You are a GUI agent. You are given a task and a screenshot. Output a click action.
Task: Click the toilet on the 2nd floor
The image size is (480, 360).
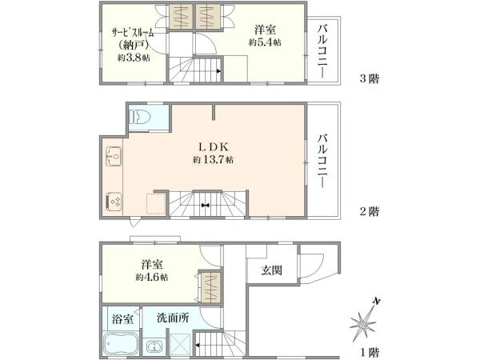[140, 117]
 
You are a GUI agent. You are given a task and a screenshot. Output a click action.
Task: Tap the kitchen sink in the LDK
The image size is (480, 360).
[114, 157]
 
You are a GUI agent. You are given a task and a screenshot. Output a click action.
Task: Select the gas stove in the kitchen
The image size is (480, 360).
[114, 201]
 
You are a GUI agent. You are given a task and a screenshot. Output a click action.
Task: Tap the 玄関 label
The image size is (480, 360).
[271, 270]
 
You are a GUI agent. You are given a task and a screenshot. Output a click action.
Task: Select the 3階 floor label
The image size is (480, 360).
[369, 79]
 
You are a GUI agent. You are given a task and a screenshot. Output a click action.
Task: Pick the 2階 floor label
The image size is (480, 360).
[369, 211]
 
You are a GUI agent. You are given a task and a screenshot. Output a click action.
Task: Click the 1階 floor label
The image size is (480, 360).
[369, 352]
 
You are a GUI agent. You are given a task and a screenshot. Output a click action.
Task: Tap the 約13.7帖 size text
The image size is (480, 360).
[213, 159]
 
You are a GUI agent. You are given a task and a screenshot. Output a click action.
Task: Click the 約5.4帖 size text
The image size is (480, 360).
[265, 42]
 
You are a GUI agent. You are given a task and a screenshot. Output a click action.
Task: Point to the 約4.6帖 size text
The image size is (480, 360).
[152, 278]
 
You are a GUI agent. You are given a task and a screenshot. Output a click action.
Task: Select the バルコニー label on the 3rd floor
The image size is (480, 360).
[322, 50]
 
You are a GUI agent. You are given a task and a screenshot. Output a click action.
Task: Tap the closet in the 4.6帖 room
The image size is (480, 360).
[211, 287]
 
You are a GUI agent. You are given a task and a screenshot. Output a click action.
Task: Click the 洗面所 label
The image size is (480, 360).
[173, 318]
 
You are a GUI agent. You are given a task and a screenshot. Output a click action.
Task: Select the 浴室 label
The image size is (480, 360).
[122, 319]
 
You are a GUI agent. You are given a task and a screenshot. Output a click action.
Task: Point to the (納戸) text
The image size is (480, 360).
[134, 46]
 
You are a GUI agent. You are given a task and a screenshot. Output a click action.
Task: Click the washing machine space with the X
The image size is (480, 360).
[181, 345]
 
